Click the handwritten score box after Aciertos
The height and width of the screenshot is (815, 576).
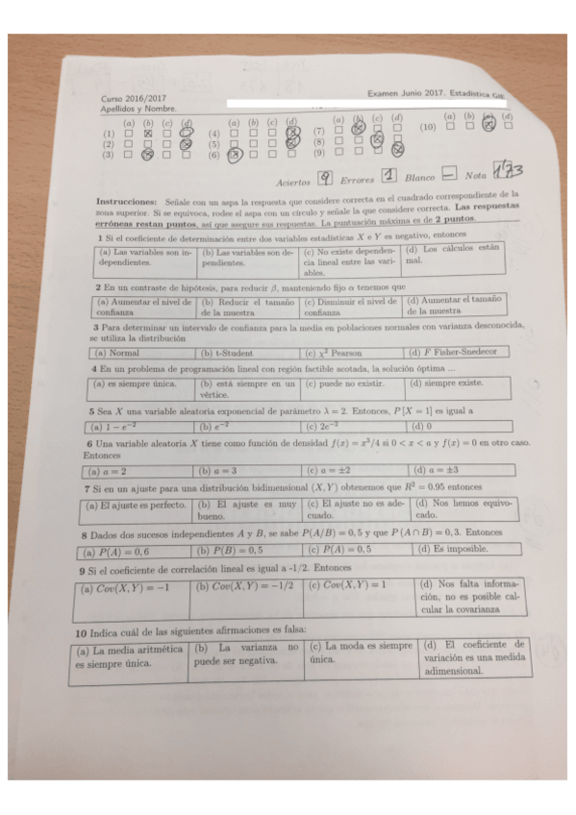[326, 177]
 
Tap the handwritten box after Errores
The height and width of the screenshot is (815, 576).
[389, 176]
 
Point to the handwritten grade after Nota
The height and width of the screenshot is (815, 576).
[507, 171]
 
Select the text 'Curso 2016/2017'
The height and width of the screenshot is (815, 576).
[134, 99]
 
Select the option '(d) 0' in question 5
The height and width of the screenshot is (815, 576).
[421, 425]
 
